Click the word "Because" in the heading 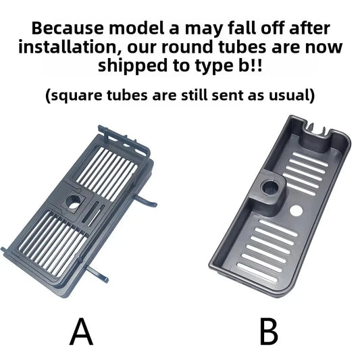[x=68, y=28]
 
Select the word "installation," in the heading [x=70, y=47]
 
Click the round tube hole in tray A [x=73, y=202]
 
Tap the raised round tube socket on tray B [x=270, y=188]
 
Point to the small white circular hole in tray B [x=297, y=210]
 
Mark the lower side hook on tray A [x=97, y=274]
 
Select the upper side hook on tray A [x=146, y=201]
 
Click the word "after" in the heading [x=309, y=28]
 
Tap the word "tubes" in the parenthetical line [x=127, y=95]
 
